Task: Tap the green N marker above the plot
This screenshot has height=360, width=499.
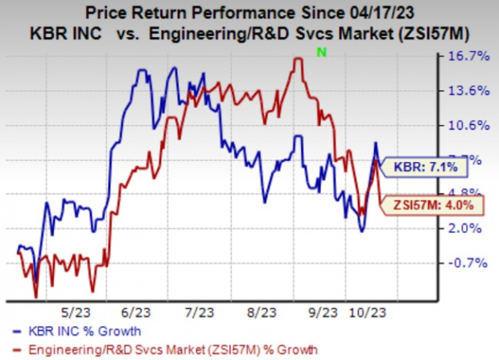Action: click(321, 52)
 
